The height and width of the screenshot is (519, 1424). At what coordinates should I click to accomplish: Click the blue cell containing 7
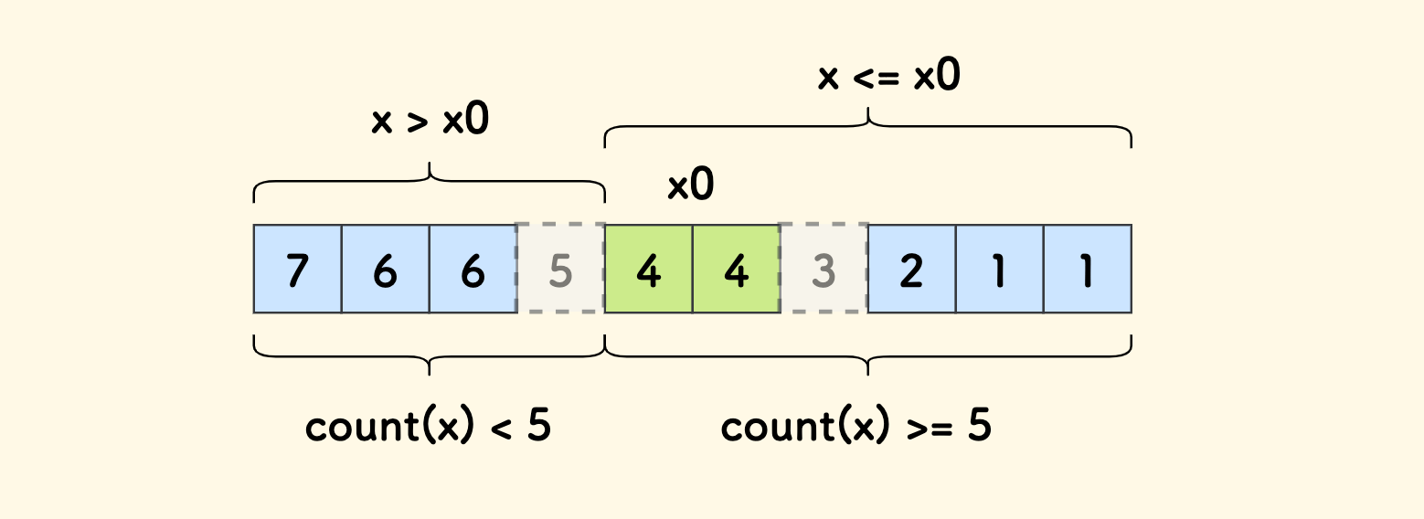[x=297, y=269]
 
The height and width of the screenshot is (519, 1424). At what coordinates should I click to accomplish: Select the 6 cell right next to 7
[x=385, y=269]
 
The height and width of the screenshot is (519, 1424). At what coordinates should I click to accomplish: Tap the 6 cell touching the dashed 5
[x=473, y=269]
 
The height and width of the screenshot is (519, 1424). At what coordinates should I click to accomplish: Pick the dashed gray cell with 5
[x=560, y=269]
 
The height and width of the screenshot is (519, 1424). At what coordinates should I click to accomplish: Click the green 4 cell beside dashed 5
[x=648, y=269]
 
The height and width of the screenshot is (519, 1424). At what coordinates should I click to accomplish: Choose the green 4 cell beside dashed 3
[x=736, y=269]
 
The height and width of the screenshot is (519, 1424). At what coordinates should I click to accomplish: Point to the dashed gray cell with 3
[x=824, y=269]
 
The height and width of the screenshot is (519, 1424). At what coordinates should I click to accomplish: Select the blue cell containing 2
[x=911, y=269]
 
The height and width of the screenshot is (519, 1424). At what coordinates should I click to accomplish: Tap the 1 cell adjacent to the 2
[x=999, y=269]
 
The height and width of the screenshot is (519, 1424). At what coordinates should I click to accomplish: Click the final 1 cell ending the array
[x=1087, y=269]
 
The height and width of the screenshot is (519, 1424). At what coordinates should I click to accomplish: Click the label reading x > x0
[x=430, y=122]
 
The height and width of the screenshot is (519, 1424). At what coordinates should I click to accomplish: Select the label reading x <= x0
[x=888, y=77]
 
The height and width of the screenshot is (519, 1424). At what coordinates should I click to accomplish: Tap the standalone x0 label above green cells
[x=690, y=186]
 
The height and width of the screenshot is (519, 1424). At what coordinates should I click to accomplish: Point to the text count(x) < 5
[x=428, y=427]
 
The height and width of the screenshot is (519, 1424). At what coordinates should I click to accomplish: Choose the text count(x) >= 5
[x=855, y=427]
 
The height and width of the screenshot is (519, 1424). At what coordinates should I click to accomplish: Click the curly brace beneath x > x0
[x=429, y=181]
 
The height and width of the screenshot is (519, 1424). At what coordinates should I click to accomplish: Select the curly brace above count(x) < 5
[x=429, y=355]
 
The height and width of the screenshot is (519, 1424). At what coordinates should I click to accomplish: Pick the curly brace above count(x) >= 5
[x=867, y=355]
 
